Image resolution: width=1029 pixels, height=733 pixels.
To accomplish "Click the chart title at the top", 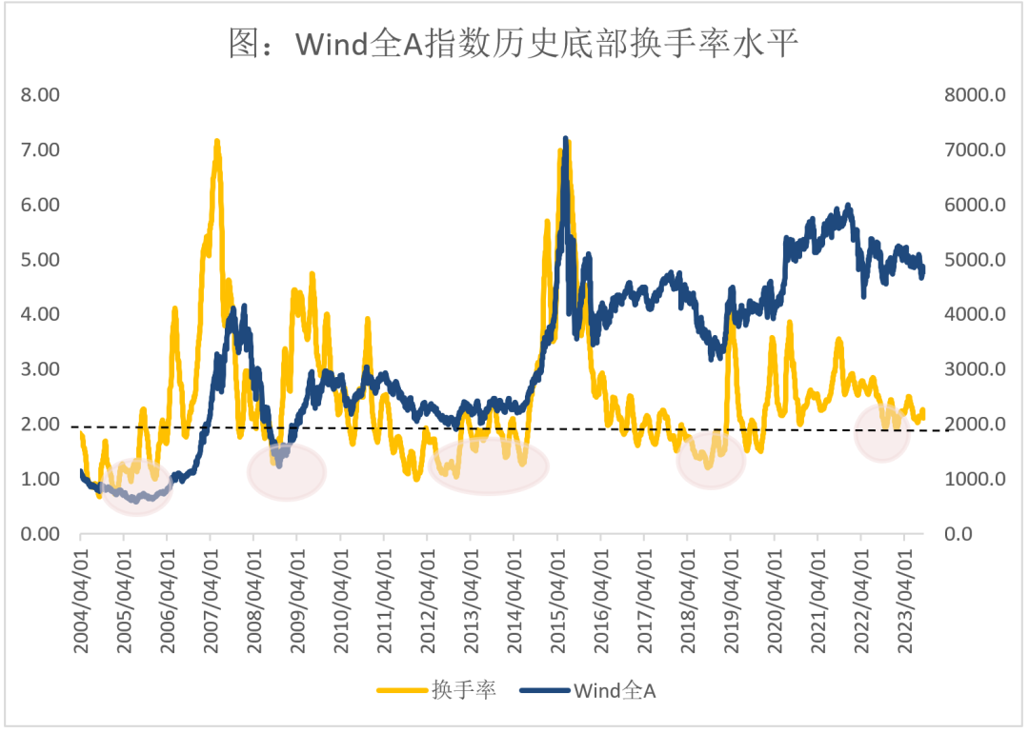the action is [x=514, y=43].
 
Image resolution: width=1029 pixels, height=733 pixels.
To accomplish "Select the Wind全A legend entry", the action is [x=588, y=690].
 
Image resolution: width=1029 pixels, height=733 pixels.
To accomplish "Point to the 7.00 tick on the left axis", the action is [x=40, y=149].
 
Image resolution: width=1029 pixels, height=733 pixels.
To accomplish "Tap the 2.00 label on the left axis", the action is [x=40, y=425].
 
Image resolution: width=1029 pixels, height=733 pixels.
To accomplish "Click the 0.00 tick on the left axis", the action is [x=40, y=534].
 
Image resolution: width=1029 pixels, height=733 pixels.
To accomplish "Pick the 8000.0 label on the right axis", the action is [x=976, y=95].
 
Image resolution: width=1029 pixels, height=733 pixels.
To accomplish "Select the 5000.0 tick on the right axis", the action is [x=976, y=260].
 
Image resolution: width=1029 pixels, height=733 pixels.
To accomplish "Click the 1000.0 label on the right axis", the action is [x=976, y=479].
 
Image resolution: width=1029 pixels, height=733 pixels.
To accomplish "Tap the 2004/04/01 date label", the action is [x=81, y=601].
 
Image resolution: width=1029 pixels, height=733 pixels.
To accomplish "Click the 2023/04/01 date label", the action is [x=905, y=601].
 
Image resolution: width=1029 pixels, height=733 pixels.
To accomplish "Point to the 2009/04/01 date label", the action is [x=298, y=601].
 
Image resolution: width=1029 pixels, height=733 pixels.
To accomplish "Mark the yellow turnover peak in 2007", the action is [x=216, y=141].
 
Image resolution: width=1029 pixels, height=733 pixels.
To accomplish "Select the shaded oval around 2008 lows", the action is [x=287, y=471].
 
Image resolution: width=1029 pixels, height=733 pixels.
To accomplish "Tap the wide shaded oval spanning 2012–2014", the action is [x=488, y=466].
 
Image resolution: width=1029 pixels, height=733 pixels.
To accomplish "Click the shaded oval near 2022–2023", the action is [x=882, y=433].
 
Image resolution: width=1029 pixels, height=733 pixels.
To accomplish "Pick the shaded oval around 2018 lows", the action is [x=711, y=460].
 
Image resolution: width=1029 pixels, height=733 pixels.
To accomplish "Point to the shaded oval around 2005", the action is [x=137, y=487].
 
